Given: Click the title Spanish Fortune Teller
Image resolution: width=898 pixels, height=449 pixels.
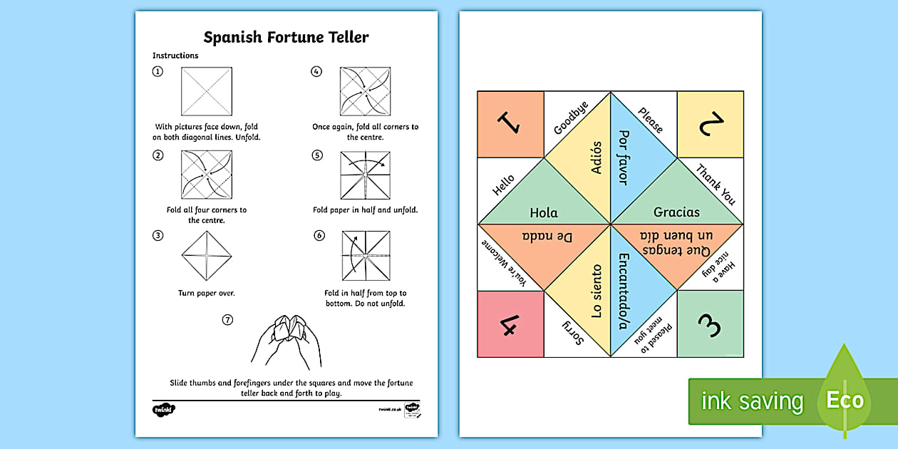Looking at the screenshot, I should tap(287, 37).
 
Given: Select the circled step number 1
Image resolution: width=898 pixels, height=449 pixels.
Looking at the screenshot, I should tap(158, 71).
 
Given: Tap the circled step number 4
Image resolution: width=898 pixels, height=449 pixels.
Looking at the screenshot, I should tap(317, 71).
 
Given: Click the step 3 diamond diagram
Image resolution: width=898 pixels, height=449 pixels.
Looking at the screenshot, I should tap(207, 257).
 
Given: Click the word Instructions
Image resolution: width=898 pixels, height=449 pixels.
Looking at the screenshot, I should tap(175, 56).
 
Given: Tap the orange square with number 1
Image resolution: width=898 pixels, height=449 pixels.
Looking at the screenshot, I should tap(510, 124).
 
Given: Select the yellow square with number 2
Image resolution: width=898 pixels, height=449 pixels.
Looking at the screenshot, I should tap(710, 124).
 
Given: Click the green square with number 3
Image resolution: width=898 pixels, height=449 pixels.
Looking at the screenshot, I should tap(710, 324).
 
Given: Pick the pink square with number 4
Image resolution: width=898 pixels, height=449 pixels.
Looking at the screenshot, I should tap(510, 324).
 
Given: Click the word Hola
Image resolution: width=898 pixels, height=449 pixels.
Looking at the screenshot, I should tap(544, 212).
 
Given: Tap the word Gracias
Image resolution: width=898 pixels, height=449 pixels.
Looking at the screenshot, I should tap(676, 212).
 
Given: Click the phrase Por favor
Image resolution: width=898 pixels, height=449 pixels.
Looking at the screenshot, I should tap(624, 157).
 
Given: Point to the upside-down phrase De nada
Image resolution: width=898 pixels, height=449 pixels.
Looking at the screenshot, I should tap(544, 236).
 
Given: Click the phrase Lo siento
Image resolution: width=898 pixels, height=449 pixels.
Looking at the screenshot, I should tap(596, 291).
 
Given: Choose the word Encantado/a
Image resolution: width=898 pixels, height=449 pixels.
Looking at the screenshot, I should tap(624, 291).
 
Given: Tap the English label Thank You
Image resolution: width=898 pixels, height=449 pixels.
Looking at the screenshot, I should tap(716, 184).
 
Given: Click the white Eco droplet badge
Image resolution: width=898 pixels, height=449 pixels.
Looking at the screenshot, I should tap(845, 400).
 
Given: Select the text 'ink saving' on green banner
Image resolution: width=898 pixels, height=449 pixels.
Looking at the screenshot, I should tap(751, 401).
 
